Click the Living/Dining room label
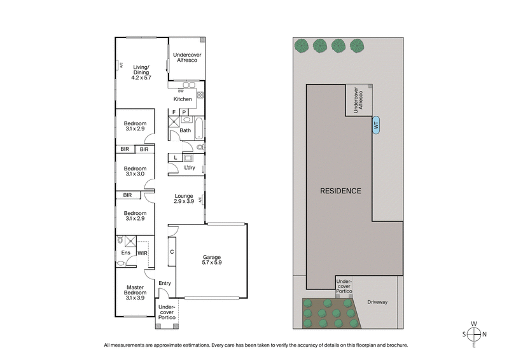(141, 72)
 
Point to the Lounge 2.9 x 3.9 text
(183, 198)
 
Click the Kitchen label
(183, 99)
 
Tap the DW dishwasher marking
(181, 90)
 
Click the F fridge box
(174, 113)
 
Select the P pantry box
(185, 113)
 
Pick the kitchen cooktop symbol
(199, 95)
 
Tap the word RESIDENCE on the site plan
(340, 191)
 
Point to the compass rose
(474, 335)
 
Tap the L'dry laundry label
(189, 168)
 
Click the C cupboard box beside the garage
(171, 252)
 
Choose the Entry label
(165, 283)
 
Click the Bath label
(185, 130)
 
